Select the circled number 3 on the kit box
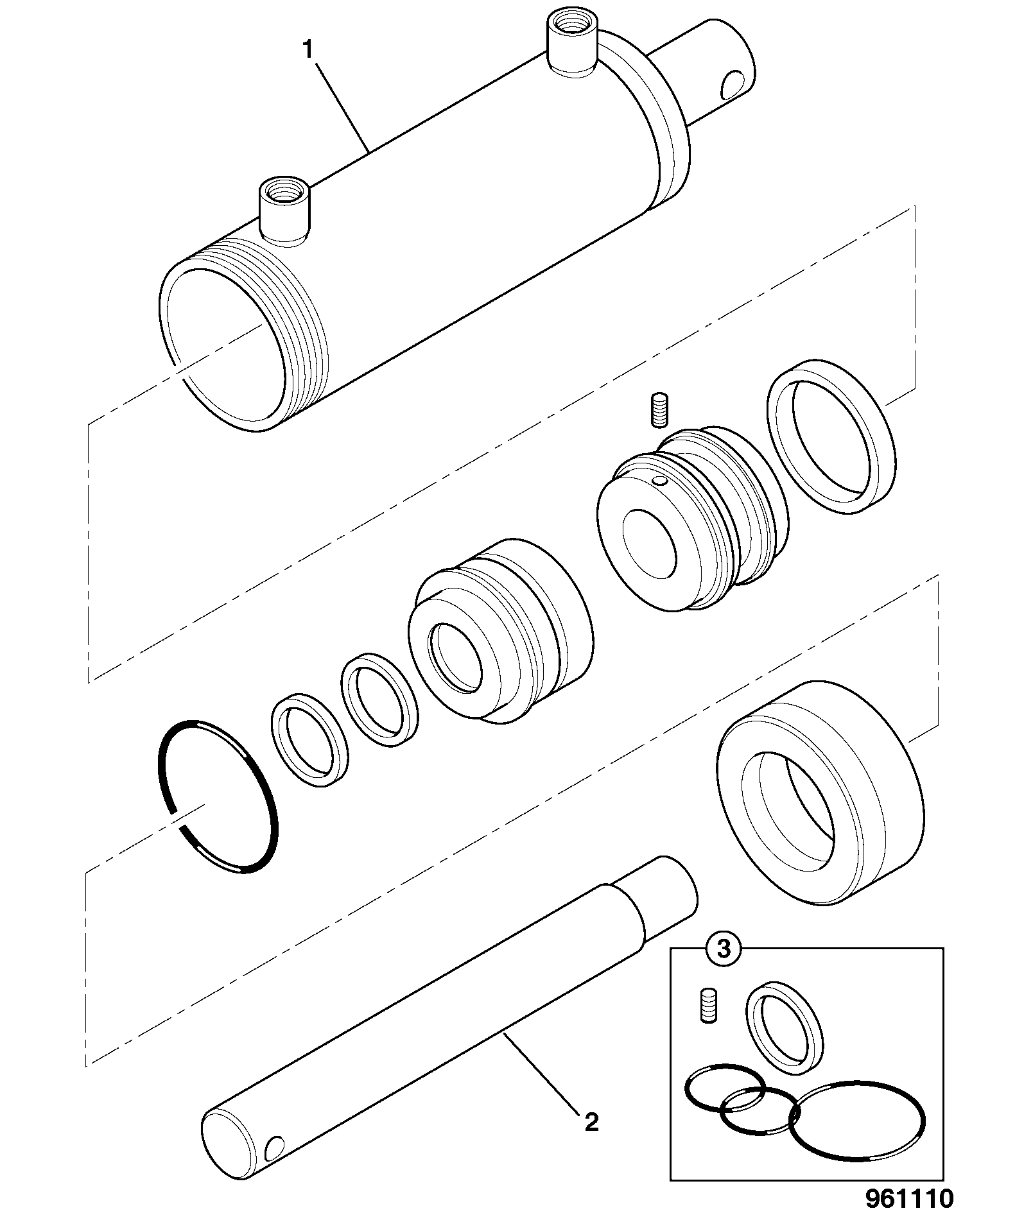(x=724, y=949)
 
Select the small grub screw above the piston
(x=659, y=410)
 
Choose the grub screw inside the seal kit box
(x=707, y=1005)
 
